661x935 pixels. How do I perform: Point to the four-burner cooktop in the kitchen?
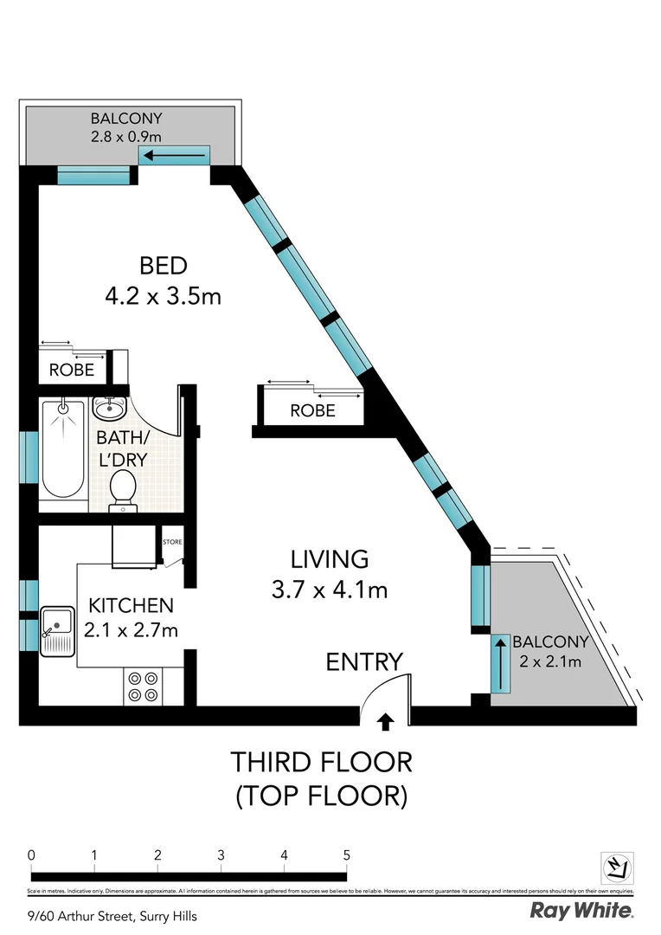coord(142,687)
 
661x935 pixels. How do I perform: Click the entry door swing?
coord(382,690)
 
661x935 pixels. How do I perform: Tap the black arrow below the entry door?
coord(385,719)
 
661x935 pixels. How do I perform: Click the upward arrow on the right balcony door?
coord(499,663)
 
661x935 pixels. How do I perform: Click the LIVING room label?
coord(329,558)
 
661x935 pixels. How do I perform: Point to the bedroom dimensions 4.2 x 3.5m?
coord(163,296)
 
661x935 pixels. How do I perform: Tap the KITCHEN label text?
coord(131,605)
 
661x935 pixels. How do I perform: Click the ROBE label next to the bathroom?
coord(71,370)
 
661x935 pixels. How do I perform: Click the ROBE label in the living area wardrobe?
coord(312,411)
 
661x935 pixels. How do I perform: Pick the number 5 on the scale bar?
coord(347,855)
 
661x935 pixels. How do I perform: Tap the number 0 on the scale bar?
coord(31,855)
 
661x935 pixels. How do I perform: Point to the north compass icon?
coord(618,866)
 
